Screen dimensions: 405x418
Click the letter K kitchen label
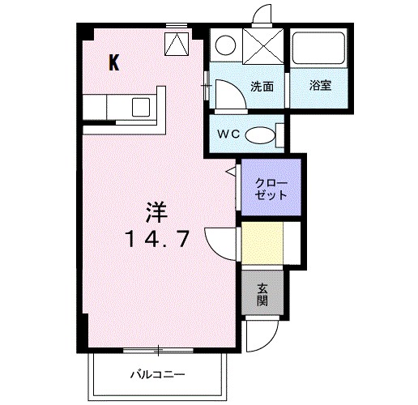click(115, 64)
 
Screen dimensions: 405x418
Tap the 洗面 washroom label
click(261, 85)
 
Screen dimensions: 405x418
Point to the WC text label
click(228, 134)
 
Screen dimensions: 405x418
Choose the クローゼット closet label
click(271, 189)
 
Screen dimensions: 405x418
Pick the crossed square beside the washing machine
click(262, 45)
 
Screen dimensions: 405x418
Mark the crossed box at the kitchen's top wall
click(176, 44)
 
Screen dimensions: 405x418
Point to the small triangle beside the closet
click(231, 172)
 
